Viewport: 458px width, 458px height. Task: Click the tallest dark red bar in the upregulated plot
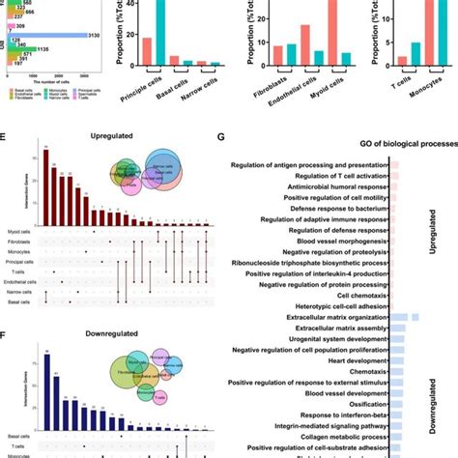(44, 180)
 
